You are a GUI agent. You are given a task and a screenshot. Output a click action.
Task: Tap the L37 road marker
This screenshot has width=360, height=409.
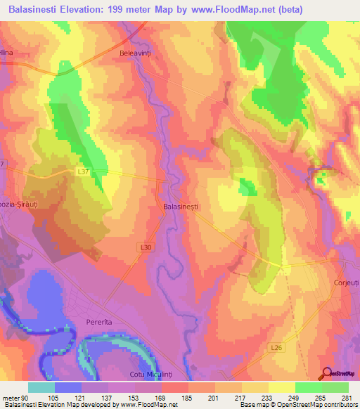click(83, 171)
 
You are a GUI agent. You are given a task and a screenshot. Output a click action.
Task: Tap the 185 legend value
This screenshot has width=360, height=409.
click(187, 397)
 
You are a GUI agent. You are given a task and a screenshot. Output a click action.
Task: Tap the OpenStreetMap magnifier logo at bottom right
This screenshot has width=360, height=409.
click(328, 373)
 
